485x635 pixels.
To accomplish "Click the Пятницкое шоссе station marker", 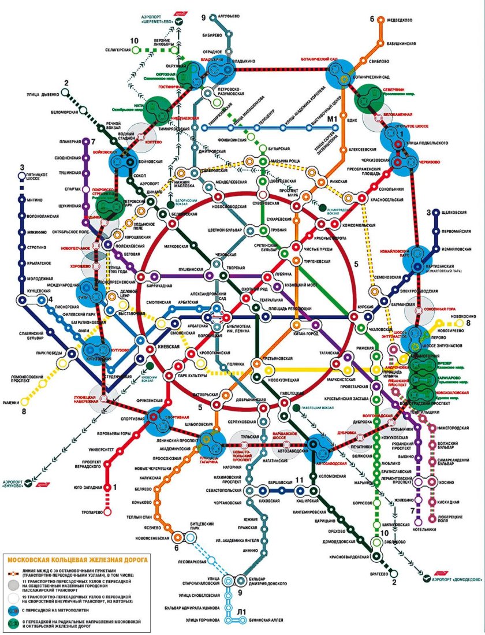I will (21, 176).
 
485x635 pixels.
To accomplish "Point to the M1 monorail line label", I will (332, 120).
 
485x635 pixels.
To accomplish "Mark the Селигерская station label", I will (114, 51).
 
